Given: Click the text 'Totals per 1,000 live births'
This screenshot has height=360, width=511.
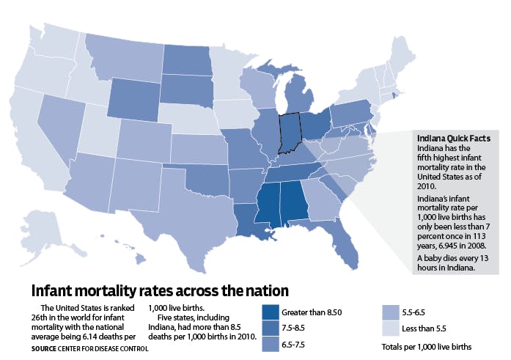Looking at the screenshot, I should (427, 345).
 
